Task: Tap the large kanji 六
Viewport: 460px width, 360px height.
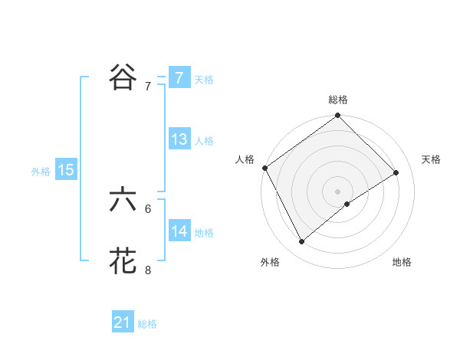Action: pos(123,199)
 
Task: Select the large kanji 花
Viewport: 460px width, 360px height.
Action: pos(123,261)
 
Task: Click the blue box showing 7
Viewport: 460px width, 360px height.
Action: pos(179,78)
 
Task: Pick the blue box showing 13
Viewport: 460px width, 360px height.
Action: pos(179,140)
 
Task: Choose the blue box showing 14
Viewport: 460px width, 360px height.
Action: pos(179,231)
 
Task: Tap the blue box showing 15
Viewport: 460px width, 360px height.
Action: pos(66,171)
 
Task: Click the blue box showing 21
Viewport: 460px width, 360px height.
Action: pos(122,322)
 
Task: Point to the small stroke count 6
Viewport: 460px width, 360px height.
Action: pos(148,208)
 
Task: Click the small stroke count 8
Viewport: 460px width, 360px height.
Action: pos(148,270)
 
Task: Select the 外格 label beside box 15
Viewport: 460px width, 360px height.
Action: pos(41,172)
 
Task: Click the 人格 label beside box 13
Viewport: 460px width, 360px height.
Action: pos(204,141)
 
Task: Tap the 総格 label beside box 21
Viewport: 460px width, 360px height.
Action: pos(147,324)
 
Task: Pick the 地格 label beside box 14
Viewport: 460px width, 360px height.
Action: pos(204,232)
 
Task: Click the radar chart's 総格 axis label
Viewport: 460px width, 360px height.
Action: pos(338,100)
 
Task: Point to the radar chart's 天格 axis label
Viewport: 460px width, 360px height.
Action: pos(432,159)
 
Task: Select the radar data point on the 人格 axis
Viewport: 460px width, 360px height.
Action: pos(264,168)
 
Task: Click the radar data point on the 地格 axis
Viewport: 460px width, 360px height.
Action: pos(347,204)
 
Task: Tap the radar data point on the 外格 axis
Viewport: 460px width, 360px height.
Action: pos(302,241)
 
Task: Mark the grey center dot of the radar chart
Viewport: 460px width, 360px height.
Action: pos(337,191)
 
